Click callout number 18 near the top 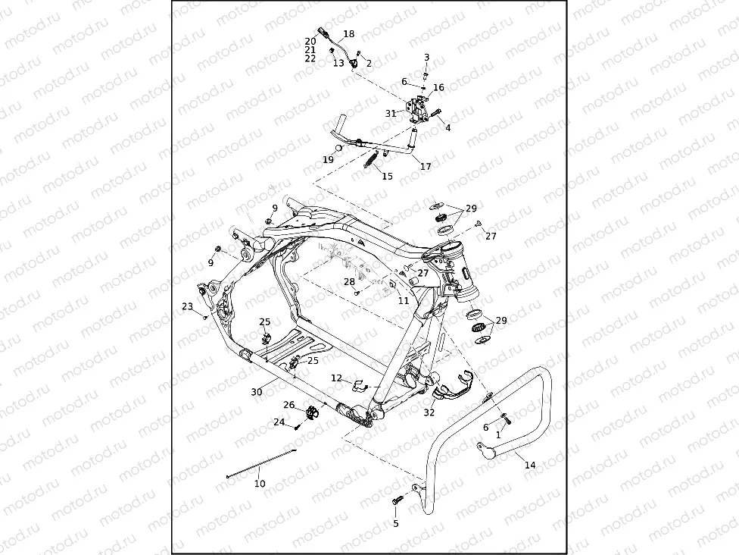[x=348, y=34]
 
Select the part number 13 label [x=338, y=64]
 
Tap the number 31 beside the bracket [x=391, y=113]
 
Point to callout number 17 [x=426, y=166]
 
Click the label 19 [x=328, y=160]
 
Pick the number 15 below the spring [x=387, y=177]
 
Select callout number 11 [x=404, y=301]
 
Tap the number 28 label [x=349, y=282]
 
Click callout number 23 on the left [x=187, y=306]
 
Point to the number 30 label [x=257, y=392]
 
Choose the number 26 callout [x=288, y=405]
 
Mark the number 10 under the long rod [x=260, y=483]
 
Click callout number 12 [x=336, y=378]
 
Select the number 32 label [x=429, y=413]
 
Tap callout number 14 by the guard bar [x=530, y=465]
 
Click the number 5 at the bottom [x=395, y=523]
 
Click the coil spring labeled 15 [x=372, y=162]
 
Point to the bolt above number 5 [x=398, y=500]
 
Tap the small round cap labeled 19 [x=340, y=148]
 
